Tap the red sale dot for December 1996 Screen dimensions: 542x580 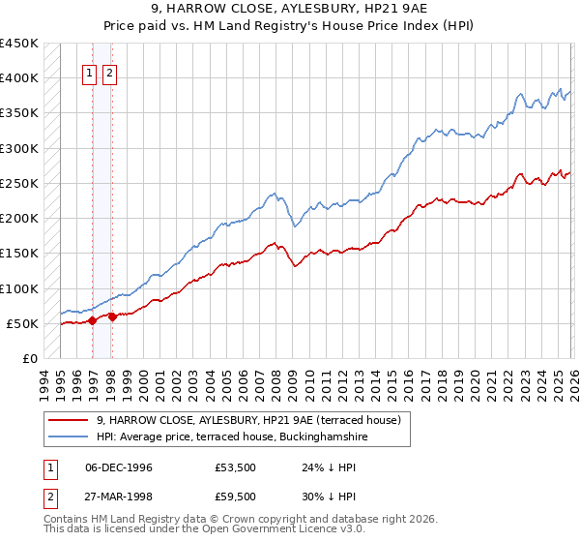[x=92, y=320]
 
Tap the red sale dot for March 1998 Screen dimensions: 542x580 [x=113, y=316]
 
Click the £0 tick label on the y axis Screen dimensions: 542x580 [x=29, y=358]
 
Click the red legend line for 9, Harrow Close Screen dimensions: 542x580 [x=69, y=420]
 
